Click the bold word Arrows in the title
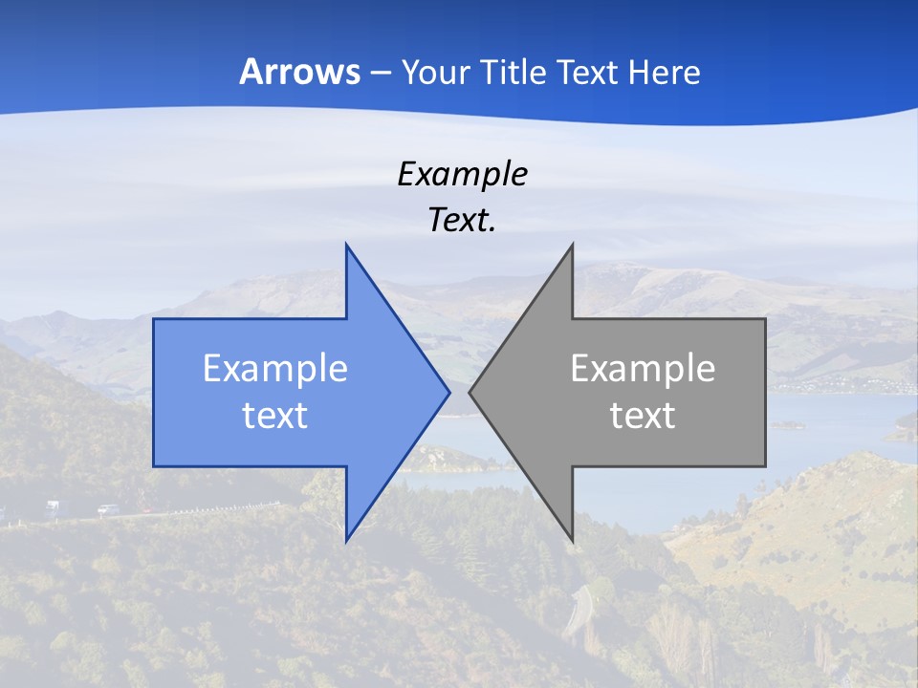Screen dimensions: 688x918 [x=299, y=72]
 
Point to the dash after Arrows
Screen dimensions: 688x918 [x=380, y=74]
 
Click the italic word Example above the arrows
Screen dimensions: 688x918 [x=462, y=174]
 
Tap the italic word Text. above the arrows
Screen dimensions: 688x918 [x=462, y=220]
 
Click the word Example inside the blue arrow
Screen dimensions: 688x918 [x=275, y=368]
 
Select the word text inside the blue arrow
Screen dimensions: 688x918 [x=275, y=415]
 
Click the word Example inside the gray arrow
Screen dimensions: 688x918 [x=643, y=368]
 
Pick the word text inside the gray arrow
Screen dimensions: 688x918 [x=643, y=415]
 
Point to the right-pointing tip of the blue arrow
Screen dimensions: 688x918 [x=448, y=392]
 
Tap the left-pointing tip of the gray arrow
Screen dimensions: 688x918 [x=470, y=392]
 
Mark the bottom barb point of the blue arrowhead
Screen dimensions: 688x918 [x=346, y=540]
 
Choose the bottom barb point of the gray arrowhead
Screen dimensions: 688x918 [x=572, y=540]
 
